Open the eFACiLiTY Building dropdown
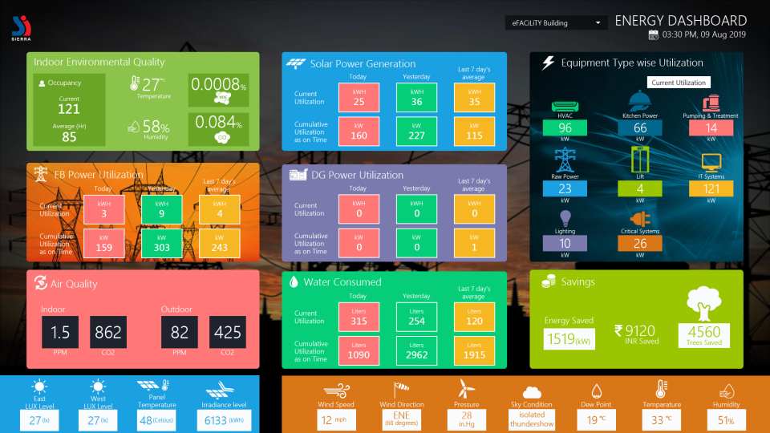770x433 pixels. pos(554,23)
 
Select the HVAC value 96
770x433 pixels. pos(565,128)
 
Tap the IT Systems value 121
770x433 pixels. pos(711,188)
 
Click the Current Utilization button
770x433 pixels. pos(679,83)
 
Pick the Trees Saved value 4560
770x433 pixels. pos(704,334)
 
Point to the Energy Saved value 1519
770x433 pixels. pos(569,339)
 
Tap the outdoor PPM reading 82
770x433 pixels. pos(179,332)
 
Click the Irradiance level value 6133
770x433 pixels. pos(225,420)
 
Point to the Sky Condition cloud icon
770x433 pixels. pos(531,392)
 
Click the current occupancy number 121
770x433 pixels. pos(69,109)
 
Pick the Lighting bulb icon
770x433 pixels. pos(565,217)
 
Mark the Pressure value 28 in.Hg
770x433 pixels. pos(465,419)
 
